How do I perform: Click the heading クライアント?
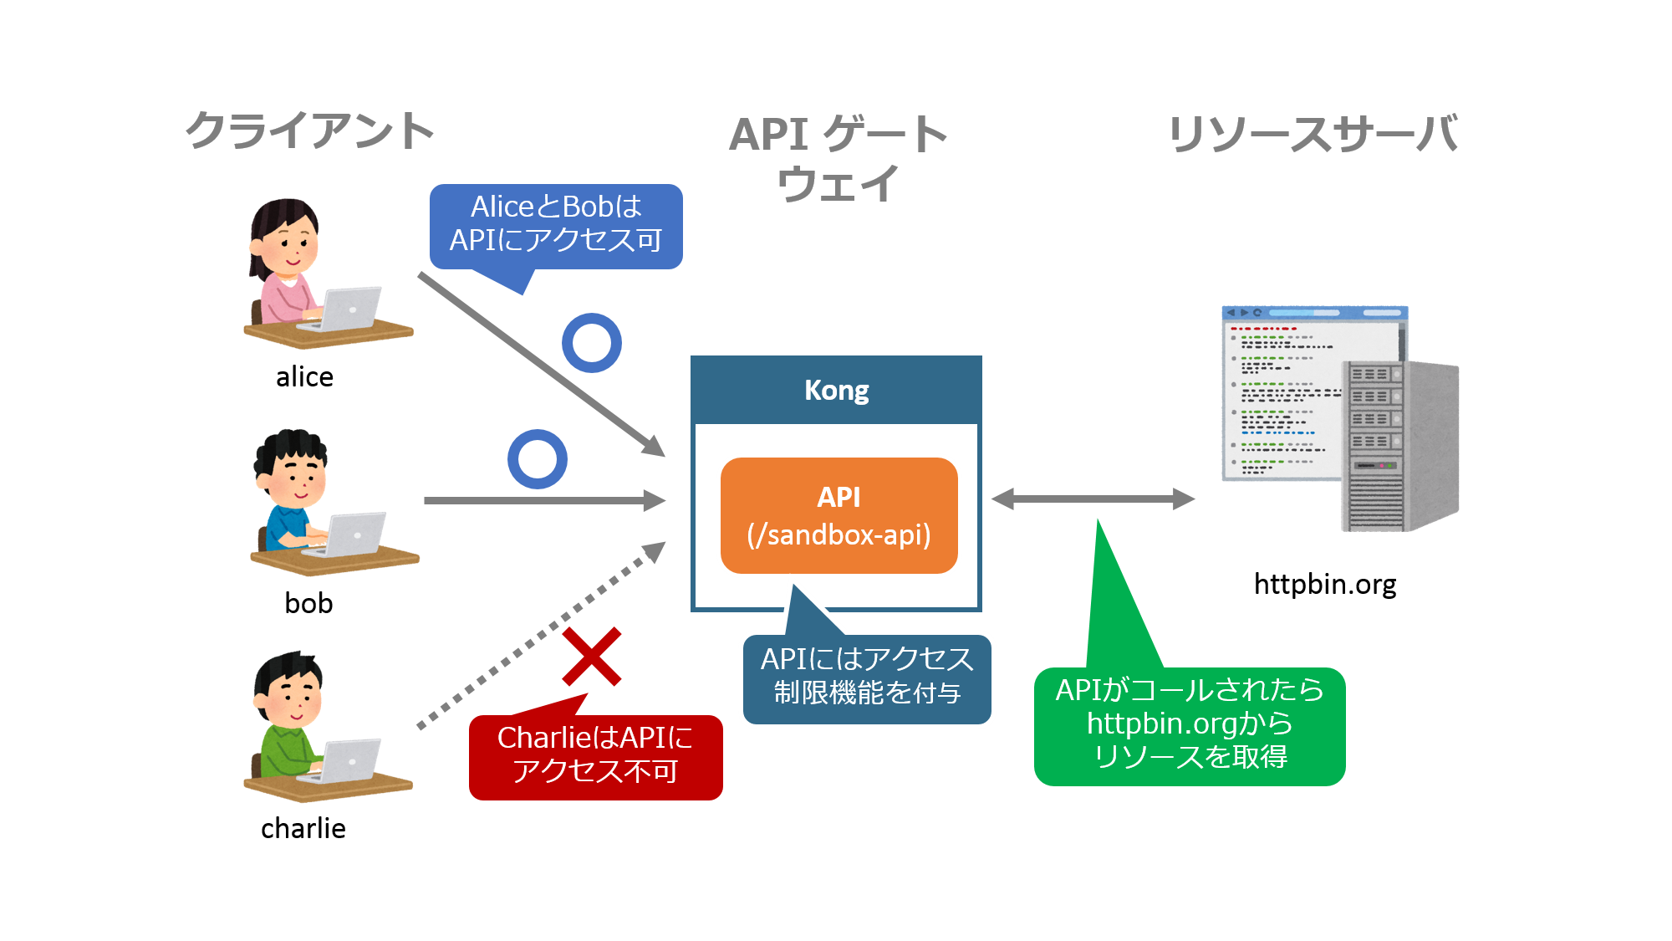pyautogui.click(x=309, y=131)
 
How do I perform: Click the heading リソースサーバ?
pyautogui.click(x=1313, y=134)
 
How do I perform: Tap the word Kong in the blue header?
pyautogui.click(x=836, y=390)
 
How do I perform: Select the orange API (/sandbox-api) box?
pyautogui.click(x=839, y=515)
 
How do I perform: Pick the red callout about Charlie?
pyautogui.click(x=595, y=755)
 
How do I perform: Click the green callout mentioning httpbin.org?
pyautogui.click(x=1189, y=724)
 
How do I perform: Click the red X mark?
pyautogui.click(x=591, y=657)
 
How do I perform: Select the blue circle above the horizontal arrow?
pyautogui.click(x=538, y=459)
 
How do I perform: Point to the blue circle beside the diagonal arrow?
pyautogui.click(x=592, y=343)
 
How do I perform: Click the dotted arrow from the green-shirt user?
pyautogui.click(x=535, y=640)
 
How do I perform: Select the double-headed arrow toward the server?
pyautogui.click(x=1093, y=499)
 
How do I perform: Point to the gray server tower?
pyautogui.click(x=1400, y=447)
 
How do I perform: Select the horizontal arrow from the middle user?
pyautogui.click(x=543, y=501)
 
